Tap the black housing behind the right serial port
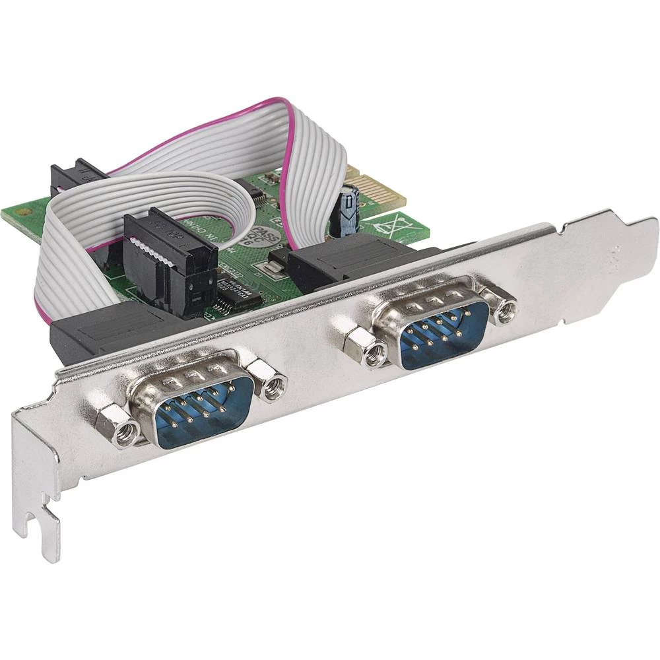(343, 261)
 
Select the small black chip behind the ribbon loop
(255, 193)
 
